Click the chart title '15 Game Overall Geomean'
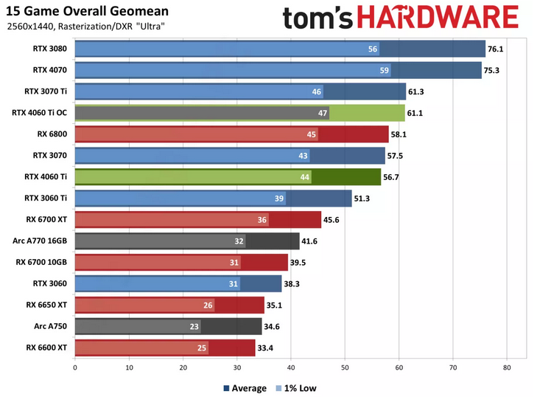click(x=87, y=12)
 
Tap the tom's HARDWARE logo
click(x=401, y=18)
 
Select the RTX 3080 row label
click(x=50, y=49)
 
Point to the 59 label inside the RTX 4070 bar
click(x=384, y=71)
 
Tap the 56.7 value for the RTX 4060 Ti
click(x=392, y=177)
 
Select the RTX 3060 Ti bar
click(x=214, y=198)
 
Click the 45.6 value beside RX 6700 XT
click(x=332, y=220)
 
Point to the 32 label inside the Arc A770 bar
click(x=239, y=241)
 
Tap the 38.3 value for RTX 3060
click(x=292, y=283)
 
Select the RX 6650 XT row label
click(x=46, y=304)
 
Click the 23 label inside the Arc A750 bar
click(x=194, y=326)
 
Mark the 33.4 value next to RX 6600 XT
click(x=266, y=348)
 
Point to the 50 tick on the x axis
click(x=345, y=367)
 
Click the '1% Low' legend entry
click(x=297, y=387)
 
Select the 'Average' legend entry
click(x=245, y=387)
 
